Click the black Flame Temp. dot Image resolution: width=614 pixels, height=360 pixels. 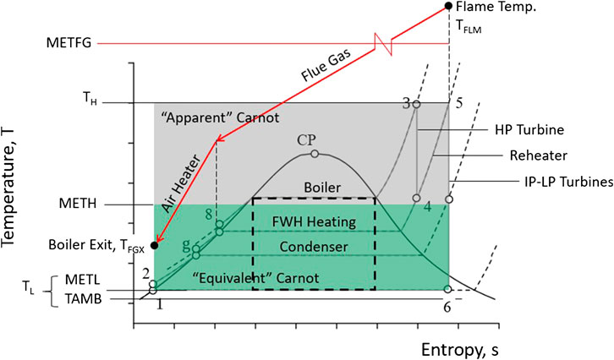pyautogui.click(x=449, y=6)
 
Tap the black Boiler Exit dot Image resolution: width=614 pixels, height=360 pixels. pyautogui.click(x=155, y=245)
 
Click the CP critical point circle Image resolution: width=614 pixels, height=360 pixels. pyautogui.click(x=315, y=154)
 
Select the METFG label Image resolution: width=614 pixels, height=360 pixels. pyautogui.click(x=69, y=42)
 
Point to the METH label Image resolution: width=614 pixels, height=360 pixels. pyautogui.click(x=78, y=204)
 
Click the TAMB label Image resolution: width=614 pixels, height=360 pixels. pyautogui.click(x=84, y=299)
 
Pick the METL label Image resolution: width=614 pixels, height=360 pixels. pyautogui.click(x=83, y=280)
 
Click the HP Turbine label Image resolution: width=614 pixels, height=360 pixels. pyautogui.click(x=529, y=130)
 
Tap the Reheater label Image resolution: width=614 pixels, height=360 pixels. pyautogui.click(x=539, y=155)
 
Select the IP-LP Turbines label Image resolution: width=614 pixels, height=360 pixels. pyautogui.click(x=569, y=182)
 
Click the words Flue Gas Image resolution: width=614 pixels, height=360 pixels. pyautogui.click(x=325, y=65)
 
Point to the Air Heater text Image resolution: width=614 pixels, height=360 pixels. pyautogui.click(x=182, y=183)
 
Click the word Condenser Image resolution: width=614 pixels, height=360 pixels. pyautogui.click(x=314, y=247)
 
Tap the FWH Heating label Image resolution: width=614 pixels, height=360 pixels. pyautogui.click(x=314, y=222)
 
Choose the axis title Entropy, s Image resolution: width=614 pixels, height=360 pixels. pyautogui.click(x=460, y=350)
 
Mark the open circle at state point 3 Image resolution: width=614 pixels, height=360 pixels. pyautogui.click(x=417, y=104)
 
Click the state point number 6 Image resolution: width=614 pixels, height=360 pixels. pyautogui.click(x=447, y=308)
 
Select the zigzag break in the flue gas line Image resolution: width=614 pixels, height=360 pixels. pyautogui.click(x=383, y=44)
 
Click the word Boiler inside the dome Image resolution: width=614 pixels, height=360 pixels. pyautogui.click(x=322, y=188)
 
